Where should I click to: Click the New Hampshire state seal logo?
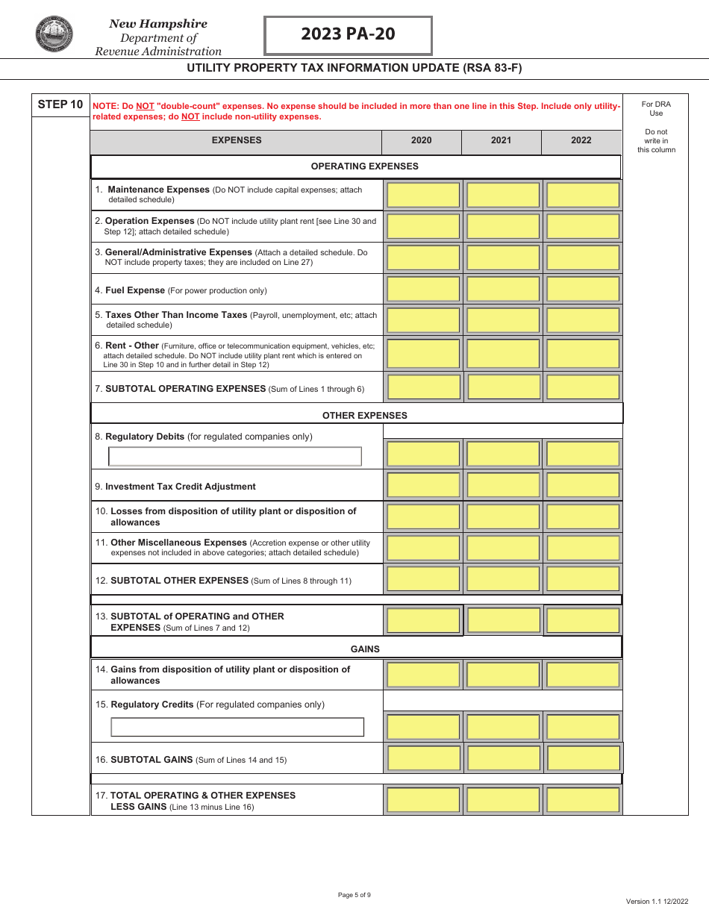[x=54, y=34]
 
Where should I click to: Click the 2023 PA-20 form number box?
[x=348, y=34]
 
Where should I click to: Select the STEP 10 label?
[x=60, y=104]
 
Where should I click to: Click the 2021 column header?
[x=501, y=140]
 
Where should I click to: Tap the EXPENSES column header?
[x=237, y=140]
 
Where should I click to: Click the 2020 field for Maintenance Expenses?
[x=423, y=195]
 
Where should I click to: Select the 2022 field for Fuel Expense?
[x=583, y=289]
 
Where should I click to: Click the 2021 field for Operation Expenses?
[x=503, y=226]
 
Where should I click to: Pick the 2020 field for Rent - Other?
[x=423, y=353]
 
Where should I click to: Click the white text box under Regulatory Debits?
[x=235, y=456]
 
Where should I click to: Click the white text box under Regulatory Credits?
[x=237, y=727]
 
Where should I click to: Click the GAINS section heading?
[x=365, y=649]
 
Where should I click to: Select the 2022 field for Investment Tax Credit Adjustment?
[x=583, y=485]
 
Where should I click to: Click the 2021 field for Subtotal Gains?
[x=503, y=758]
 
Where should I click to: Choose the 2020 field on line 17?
[x=423, y=800]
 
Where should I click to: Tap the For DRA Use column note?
[x=656, y=109]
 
